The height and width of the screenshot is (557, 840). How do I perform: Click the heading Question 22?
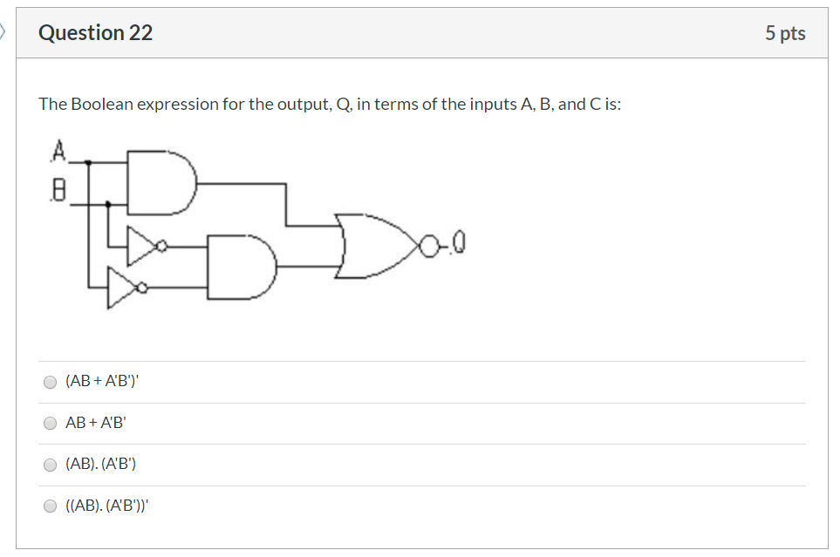tap(96, 33)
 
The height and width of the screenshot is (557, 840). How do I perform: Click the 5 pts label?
tap(785, 33)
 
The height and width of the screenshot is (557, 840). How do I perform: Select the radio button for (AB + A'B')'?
tap(51, 382)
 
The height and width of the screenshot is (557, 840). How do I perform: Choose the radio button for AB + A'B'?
tap(51, 424)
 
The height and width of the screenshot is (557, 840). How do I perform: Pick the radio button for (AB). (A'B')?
tap(51, 465)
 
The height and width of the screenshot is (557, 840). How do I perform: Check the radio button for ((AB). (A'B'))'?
tap(51, 506)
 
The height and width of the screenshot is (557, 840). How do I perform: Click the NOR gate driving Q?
tap(375, 246)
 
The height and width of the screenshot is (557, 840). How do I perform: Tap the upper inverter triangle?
tap(140, 247)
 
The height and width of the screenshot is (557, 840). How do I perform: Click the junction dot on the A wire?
tap(87, 162)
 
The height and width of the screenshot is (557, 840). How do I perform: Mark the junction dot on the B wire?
tap(107, 204)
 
